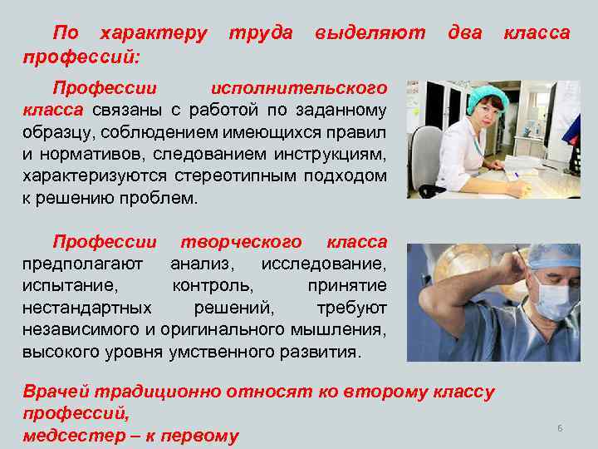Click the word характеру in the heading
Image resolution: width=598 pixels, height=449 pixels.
[153, 34]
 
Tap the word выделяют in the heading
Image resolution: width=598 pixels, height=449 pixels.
[370, 34]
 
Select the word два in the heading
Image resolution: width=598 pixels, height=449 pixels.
[464, 34]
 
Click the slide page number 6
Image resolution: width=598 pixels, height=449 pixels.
[560, 427]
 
